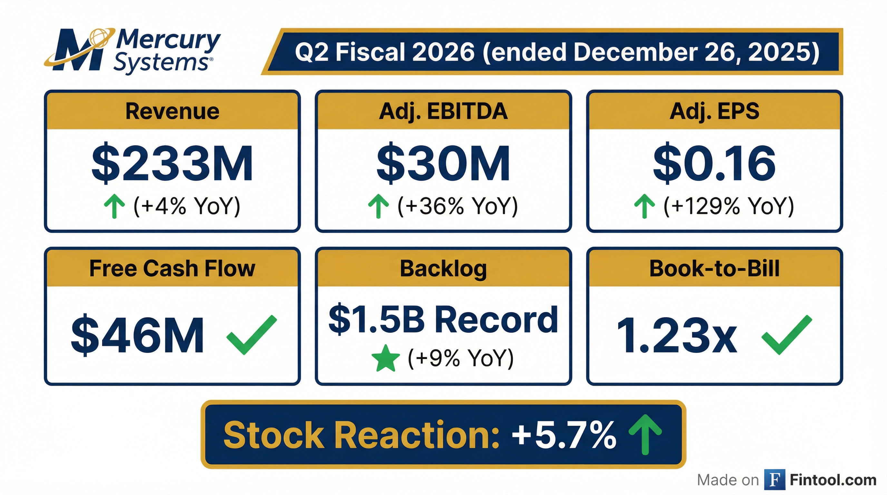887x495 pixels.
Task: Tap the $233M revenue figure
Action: point(172,163)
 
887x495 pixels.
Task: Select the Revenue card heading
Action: point(172,111)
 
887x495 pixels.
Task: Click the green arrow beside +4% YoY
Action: point(114,206)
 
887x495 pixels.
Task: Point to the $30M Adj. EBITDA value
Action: point(443,163)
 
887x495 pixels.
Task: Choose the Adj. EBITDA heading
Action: point(443,111)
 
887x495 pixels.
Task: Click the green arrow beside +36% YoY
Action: point(378,206)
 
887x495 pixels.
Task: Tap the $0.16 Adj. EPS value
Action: point(714,163)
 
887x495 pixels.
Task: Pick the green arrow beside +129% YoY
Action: point(644,206)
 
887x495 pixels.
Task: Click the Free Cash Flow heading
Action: point(172,268)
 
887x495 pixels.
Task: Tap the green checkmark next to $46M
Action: point(251,335)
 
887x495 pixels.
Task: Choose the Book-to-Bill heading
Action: point(714,268)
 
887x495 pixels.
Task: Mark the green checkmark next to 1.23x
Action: point(787,335)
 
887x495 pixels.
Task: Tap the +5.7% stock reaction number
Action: point(564,435)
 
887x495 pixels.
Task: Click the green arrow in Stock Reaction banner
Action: point(645,434)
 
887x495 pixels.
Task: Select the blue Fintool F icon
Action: point(775,480)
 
